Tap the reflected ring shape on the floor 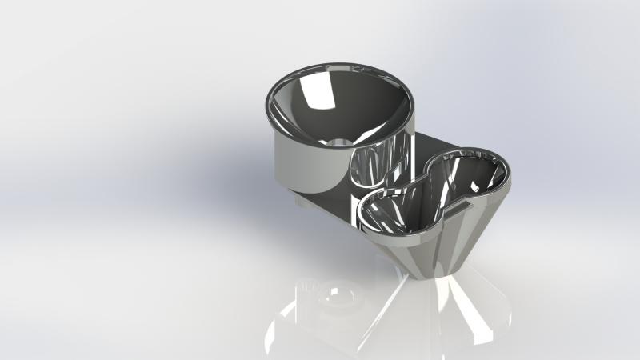click(x=336, y=300)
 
